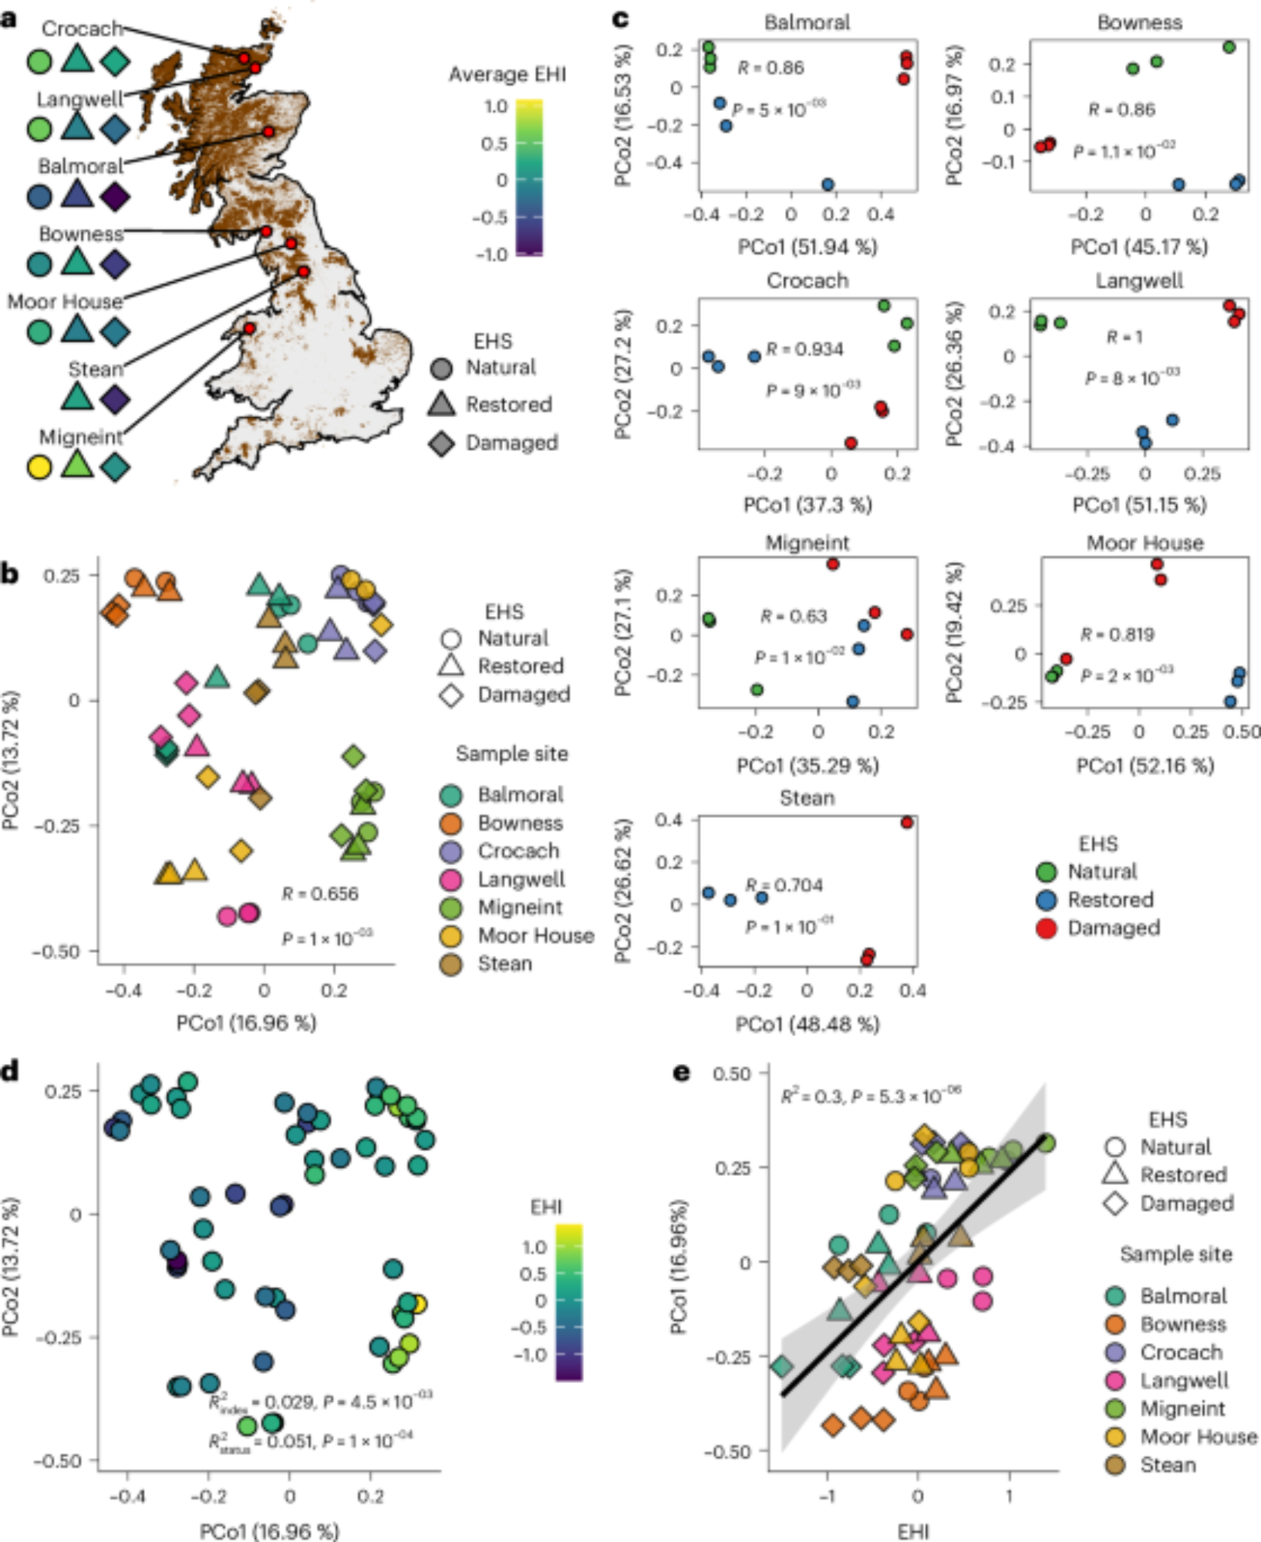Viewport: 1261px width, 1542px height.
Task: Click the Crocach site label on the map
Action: [82, 29]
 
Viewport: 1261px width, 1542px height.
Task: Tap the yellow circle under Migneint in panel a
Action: [39, 467]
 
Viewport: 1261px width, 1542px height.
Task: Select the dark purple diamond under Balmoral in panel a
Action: [115, 197]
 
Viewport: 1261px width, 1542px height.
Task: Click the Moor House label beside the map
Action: [65, 301]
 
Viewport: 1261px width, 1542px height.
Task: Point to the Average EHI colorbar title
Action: [507, 75]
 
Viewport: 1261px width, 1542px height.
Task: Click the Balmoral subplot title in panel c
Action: [807, 22]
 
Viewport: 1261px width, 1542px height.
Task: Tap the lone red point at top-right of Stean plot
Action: [907, 823]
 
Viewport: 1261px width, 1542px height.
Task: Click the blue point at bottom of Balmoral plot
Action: [828, 184]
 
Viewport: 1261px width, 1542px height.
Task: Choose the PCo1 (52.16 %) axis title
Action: [1145, 766]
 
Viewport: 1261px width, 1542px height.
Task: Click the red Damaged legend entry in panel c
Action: [1113, 928]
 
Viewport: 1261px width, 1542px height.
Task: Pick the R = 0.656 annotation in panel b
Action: [320, 894]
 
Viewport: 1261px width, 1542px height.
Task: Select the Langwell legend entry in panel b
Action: [521, 880]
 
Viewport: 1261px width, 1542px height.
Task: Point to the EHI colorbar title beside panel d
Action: [546, 1207]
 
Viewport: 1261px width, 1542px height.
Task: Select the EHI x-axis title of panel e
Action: [913, 1530]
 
